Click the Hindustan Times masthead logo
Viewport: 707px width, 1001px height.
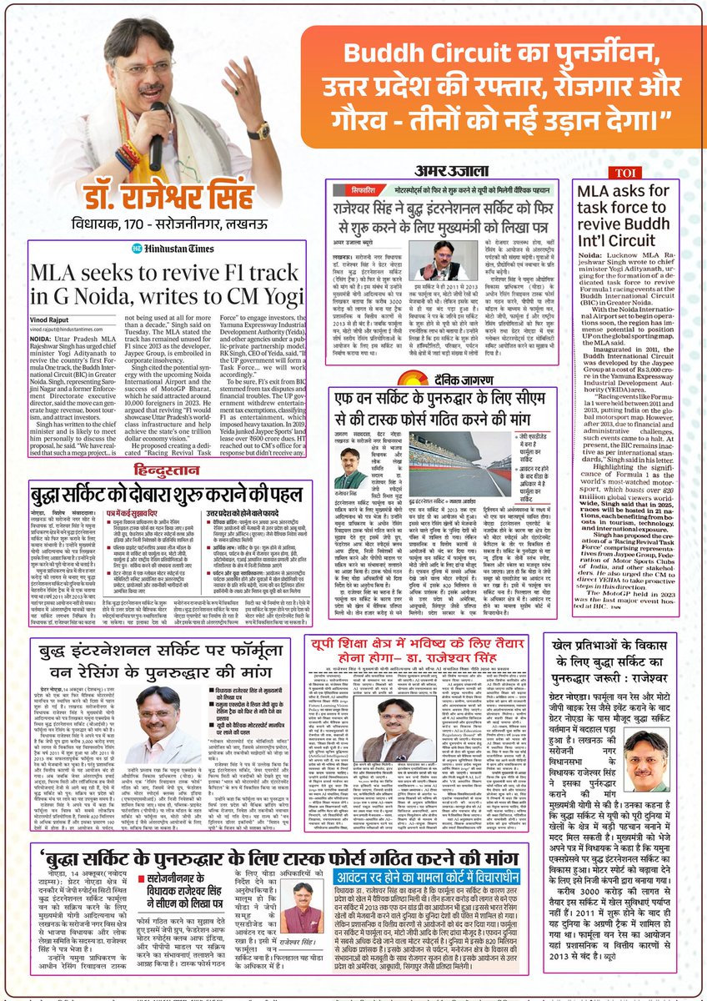pyautogui.click(x=82, y=249)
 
